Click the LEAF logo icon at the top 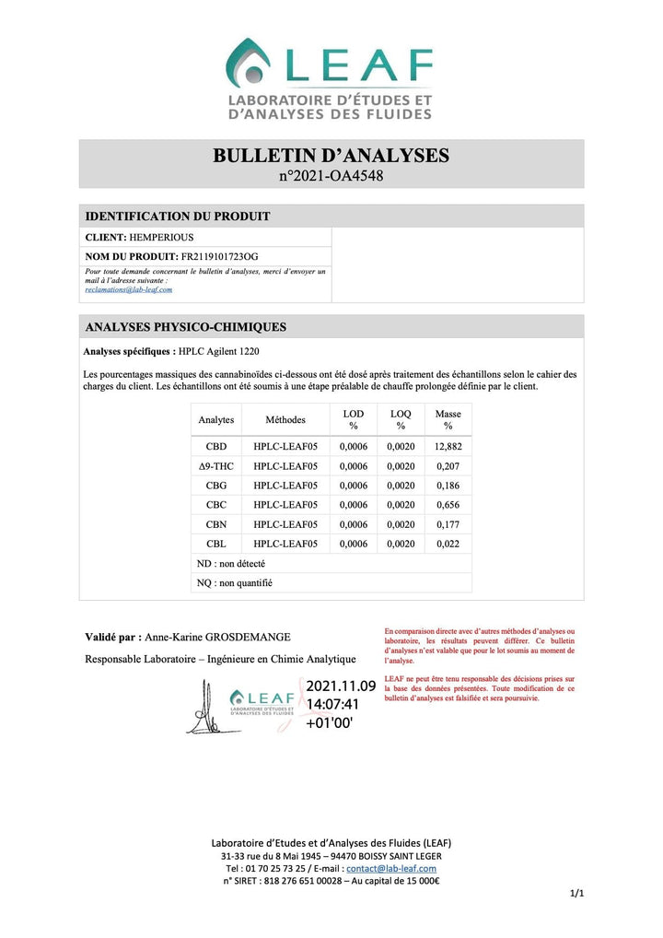click(251, 63)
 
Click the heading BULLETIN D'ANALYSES click(331, 155)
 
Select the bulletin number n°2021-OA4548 click(331, 175)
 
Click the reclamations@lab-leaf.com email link click(128, 289)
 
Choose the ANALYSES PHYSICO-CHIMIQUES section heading click(185, 327)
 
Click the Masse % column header click(448, 419)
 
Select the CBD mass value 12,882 click(448, 446)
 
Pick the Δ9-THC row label click(216, 466)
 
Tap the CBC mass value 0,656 click(448, 505)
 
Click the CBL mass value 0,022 click(448, 544)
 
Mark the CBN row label click(216, 524)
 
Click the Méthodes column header click(285, 419)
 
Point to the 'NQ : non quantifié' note click(235, 582)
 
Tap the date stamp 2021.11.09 click(340, 686)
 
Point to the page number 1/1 click(576, 893)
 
